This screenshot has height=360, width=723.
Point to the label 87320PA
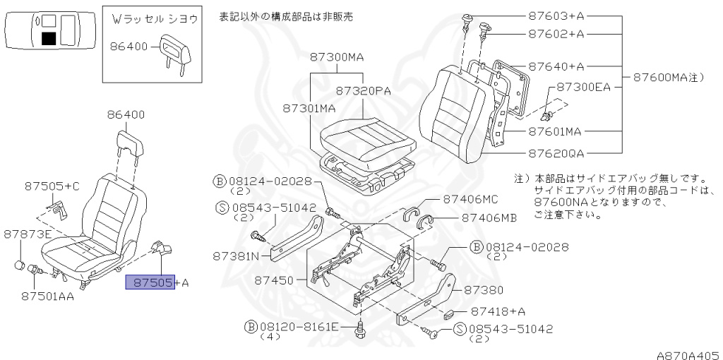tap(363, 91)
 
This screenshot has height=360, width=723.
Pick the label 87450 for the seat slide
tap(275, 280)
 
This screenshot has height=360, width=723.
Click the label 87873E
tap(28, 234)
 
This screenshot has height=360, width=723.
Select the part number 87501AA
tap(47, 296)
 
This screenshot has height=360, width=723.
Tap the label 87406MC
tap(471, 200)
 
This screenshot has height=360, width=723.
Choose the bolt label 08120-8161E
tap(299, 328)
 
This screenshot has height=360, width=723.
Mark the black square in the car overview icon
tap(49, 38)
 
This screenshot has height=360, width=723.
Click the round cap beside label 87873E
tap(20, 265)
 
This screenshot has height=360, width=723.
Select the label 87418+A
tap(498, 311)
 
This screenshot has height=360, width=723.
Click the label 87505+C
tap(52, 186)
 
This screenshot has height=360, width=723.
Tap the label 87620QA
tap(556, 153)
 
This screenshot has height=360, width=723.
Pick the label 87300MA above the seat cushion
tap(337, 57)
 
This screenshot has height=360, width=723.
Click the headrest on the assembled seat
tap(130, 143)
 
